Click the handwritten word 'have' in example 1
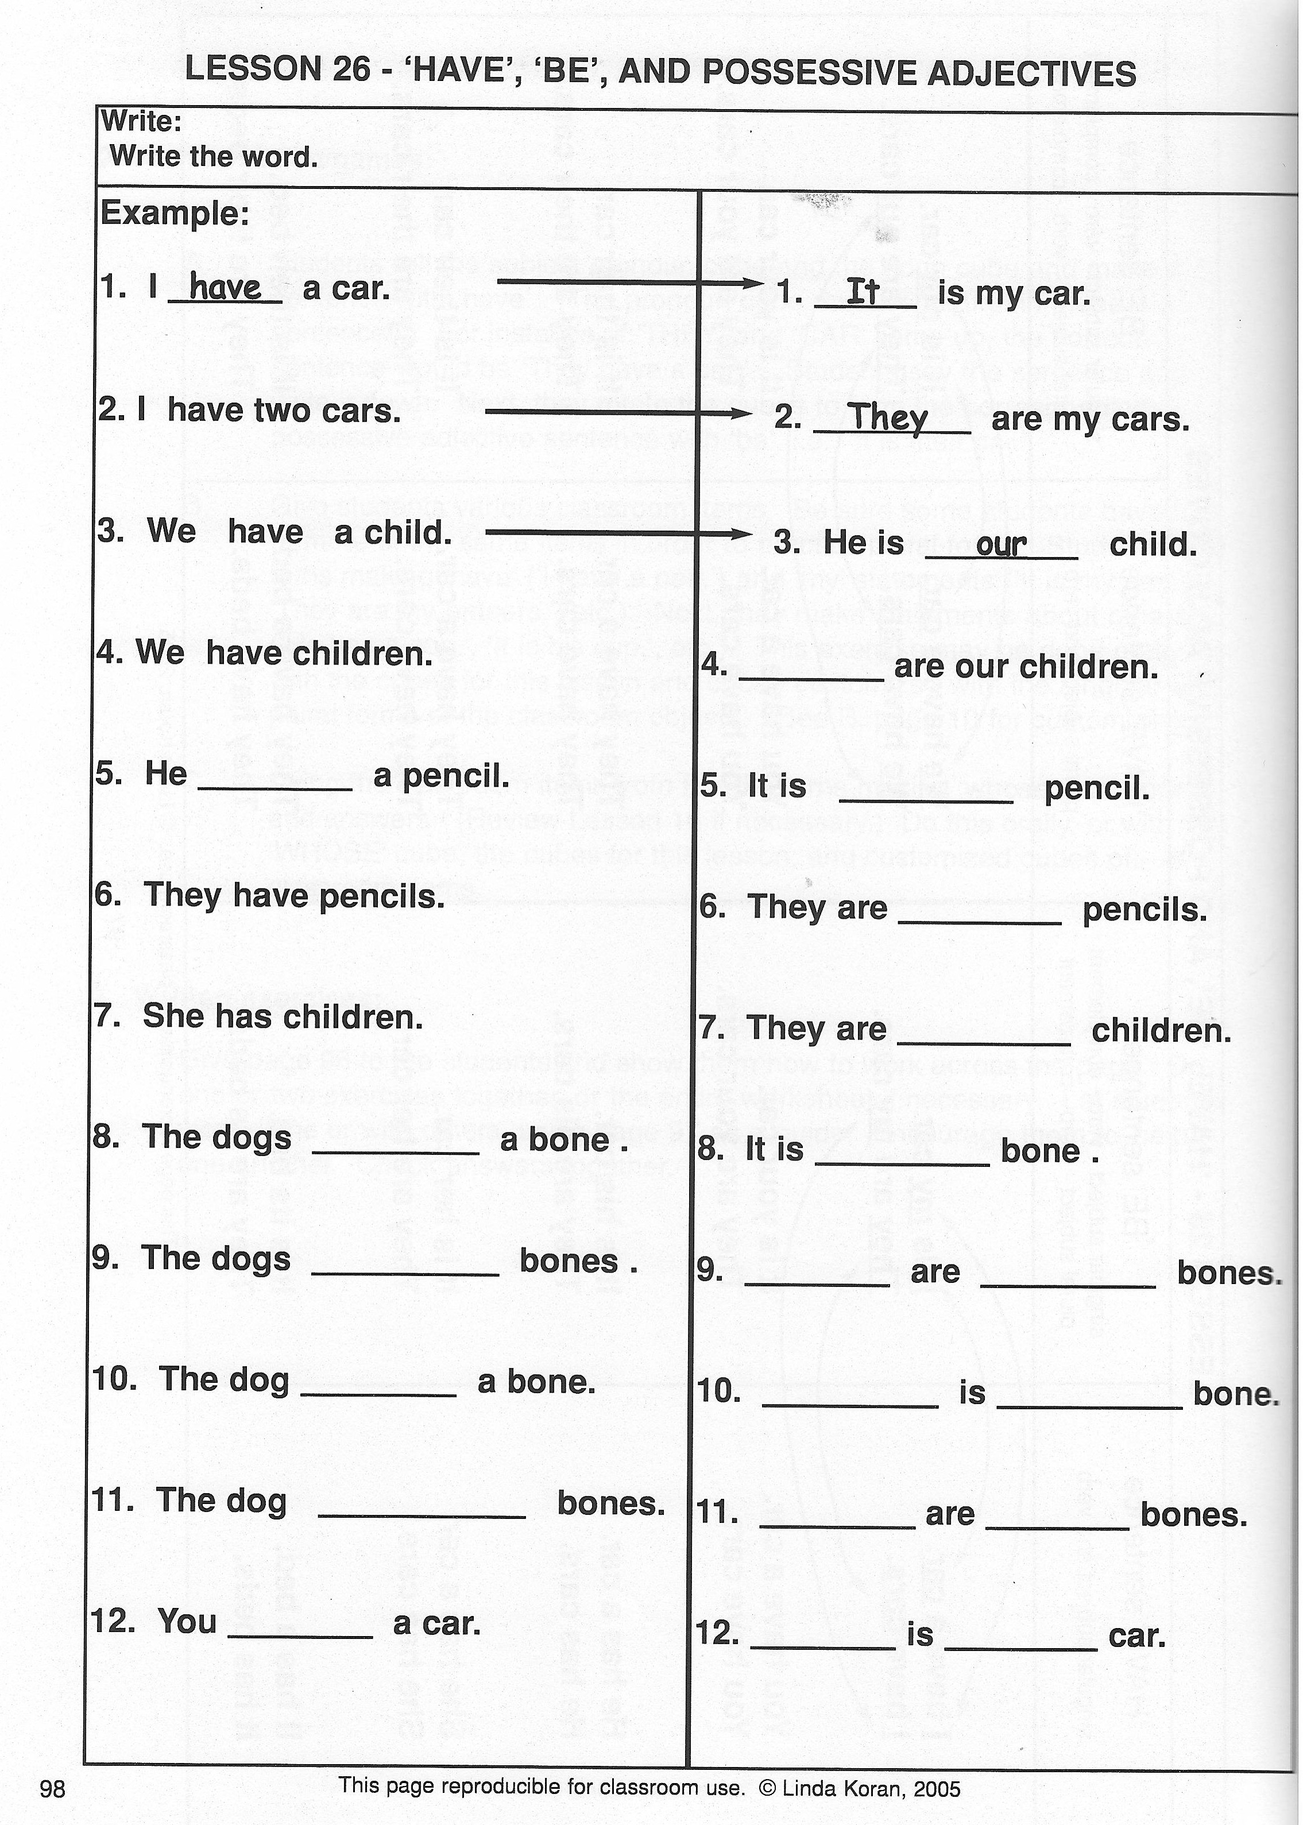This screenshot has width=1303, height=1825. point(226,287)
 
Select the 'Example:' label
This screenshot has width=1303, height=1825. point(174,214)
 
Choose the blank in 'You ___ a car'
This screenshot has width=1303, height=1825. point(301,1634)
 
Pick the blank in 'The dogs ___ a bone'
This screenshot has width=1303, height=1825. point(396,1150)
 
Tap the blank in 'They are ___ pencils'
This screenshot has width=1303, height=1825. point(980,921)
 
